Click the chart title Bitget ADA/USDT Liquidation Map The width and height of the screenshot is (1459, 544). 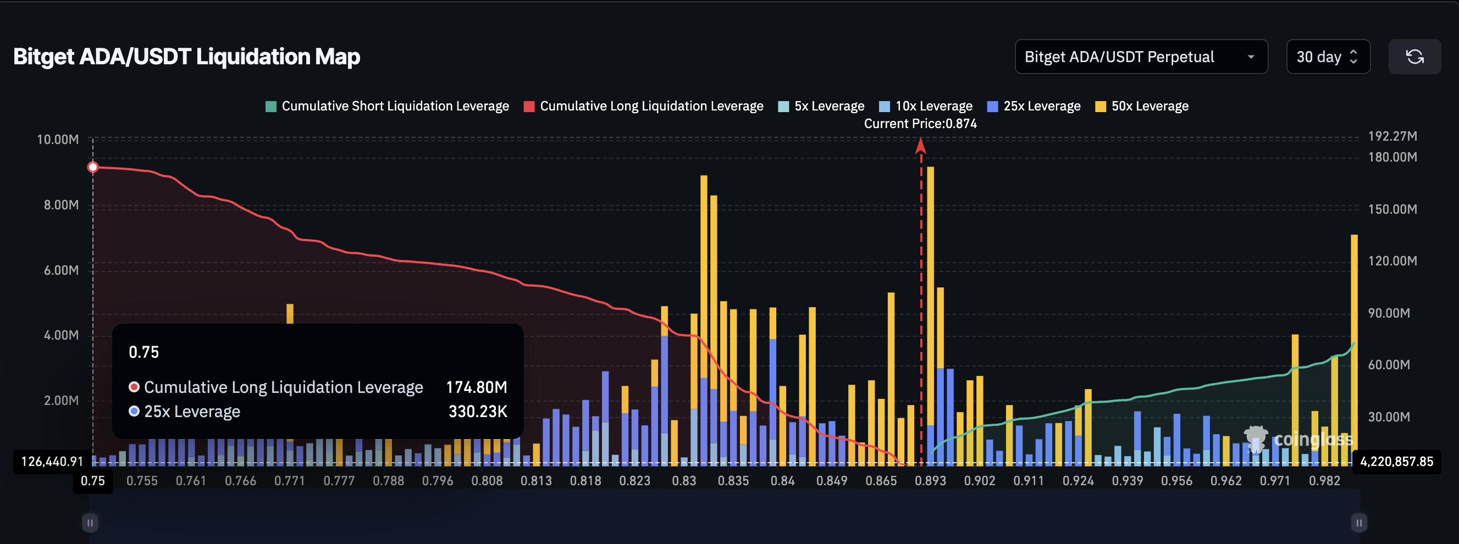click(186, 57)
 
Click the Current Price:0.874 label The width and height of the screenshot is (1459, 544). click(920, 124)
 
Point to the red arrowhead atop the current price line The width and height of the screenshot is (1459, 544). click(921, 146)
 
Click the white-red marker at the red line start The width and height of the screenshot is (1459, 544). click(93, 167)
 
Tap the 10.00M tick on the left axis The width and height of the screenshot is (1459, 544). click(58, 139)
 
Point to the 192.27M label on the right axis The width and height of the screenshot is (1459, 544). click(1392, 136)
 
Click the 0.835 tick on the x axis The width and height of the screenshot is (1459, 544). click(733, 481)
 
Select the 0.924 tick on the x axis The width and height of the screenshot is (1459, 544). click(1078, 481)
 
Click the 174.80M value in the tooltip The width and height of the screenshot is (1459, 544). click(476, 387)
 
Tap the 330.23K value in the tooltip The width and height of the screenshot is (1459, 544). click(478, 412)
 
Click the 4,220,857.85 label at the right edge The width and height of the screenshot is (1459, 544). click(1396, 462)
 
